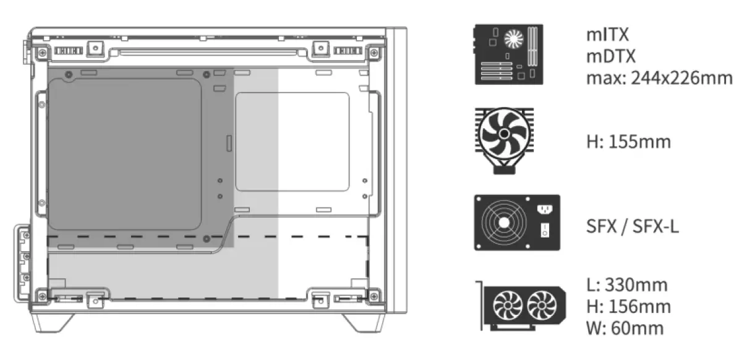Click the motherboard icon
(508, 54)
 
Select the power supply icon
(516, 223)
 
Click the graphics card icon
(520, 305)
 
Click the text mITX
(607, 35)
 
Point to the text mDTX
(610, 56)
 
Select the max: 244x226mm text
(659, 78)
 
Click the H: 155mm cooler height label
(628, 142)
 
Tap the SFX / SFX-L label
(632, 226)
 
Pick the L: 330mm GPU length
(626, 285)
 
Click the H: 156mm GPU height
(628, 306)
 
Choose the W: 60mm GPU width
(625, 327)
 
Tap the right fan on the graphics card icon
(542, 305)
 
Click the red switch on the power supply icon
(545, 231)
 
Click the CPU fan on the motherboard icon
(513, 40)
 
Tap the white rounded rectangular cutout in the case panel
(293, 142)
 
